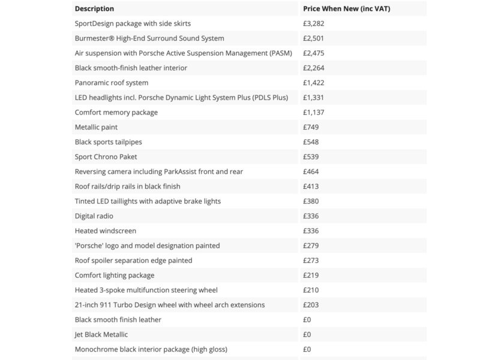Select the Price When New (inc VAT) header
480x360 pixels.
click(347, 9)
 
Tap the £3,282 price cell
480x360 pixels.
click(314, 23)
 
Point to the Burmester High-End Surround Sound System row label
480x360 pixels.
click(149, 38)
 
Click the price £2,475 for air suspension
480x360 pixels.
click(314, 53)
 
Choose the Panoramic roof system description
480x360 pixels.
click(112, 83)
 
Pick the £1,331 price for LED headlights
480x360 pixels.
click(314, 98)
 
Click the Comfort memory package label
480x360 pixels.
click(116, 112)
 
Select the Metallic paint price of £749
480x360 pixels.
click(311, 127)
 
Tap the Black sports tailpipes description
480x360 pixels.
click(108, 142)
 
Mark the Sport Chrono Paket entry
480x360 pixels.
click(106, 157)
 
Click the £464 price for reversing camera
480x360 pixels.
click(311, 172)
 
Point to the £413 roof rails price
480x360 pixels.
click(311, 187)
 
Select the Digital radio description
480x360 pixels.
click(94, 216)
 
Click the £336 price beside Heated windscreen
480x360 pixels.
click(311, 231)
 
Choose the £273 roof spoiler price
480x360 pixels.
click(311, 260)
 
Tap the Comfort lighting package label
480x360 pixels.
click(115, 275)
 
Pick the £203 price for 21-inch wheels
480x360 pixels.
click(311, 305)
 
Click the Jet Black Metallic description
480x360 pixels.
click(101, 334)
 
